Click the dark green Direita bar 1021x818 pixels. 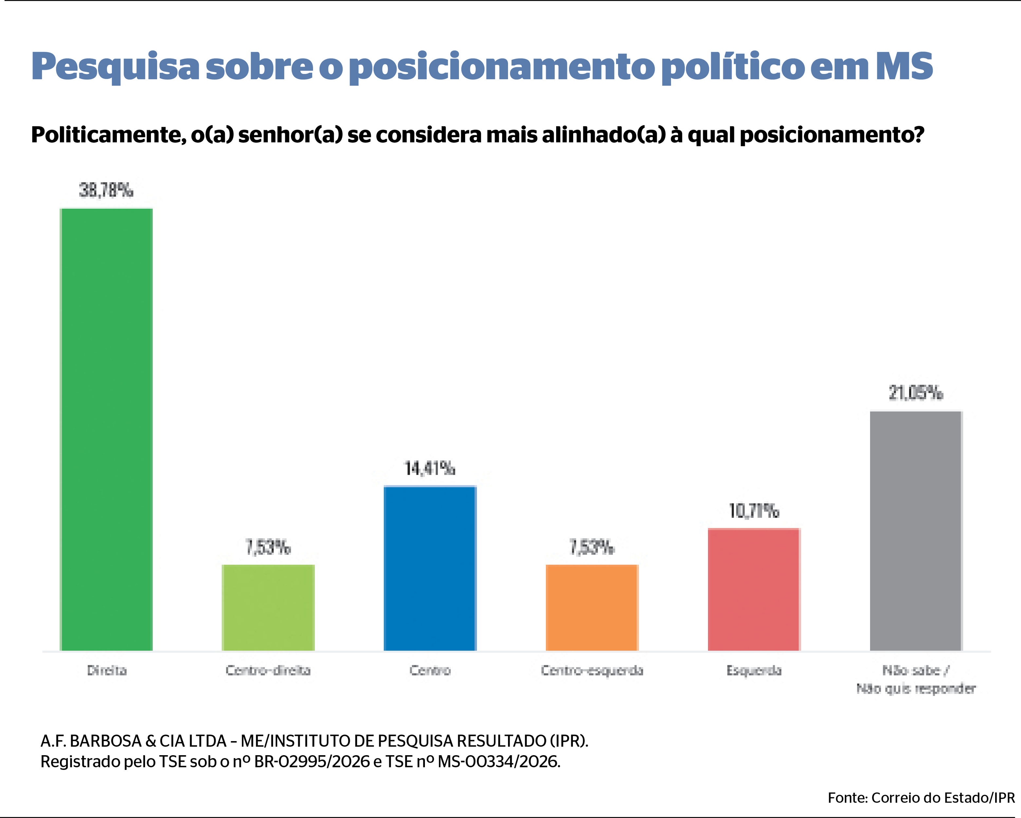point(106,429)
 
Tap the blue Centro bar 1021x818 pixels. point(430,568)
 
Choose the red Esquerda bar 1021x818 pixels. point(754,589)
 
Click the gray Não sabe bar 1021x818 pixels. point(916,531)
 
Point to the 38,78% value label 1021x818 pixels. point(106,190)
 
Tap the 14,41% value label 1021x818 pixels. point(430,469)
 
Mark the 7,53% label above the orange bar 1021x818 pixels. point(592,547)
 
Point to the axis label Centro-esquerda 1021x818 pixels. point(592,670)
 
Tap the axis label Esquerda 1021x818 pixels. point(754,670)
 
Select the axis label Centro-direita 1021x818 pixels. point(268,670)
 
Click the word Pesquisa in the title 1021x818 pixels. point(115,67)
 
